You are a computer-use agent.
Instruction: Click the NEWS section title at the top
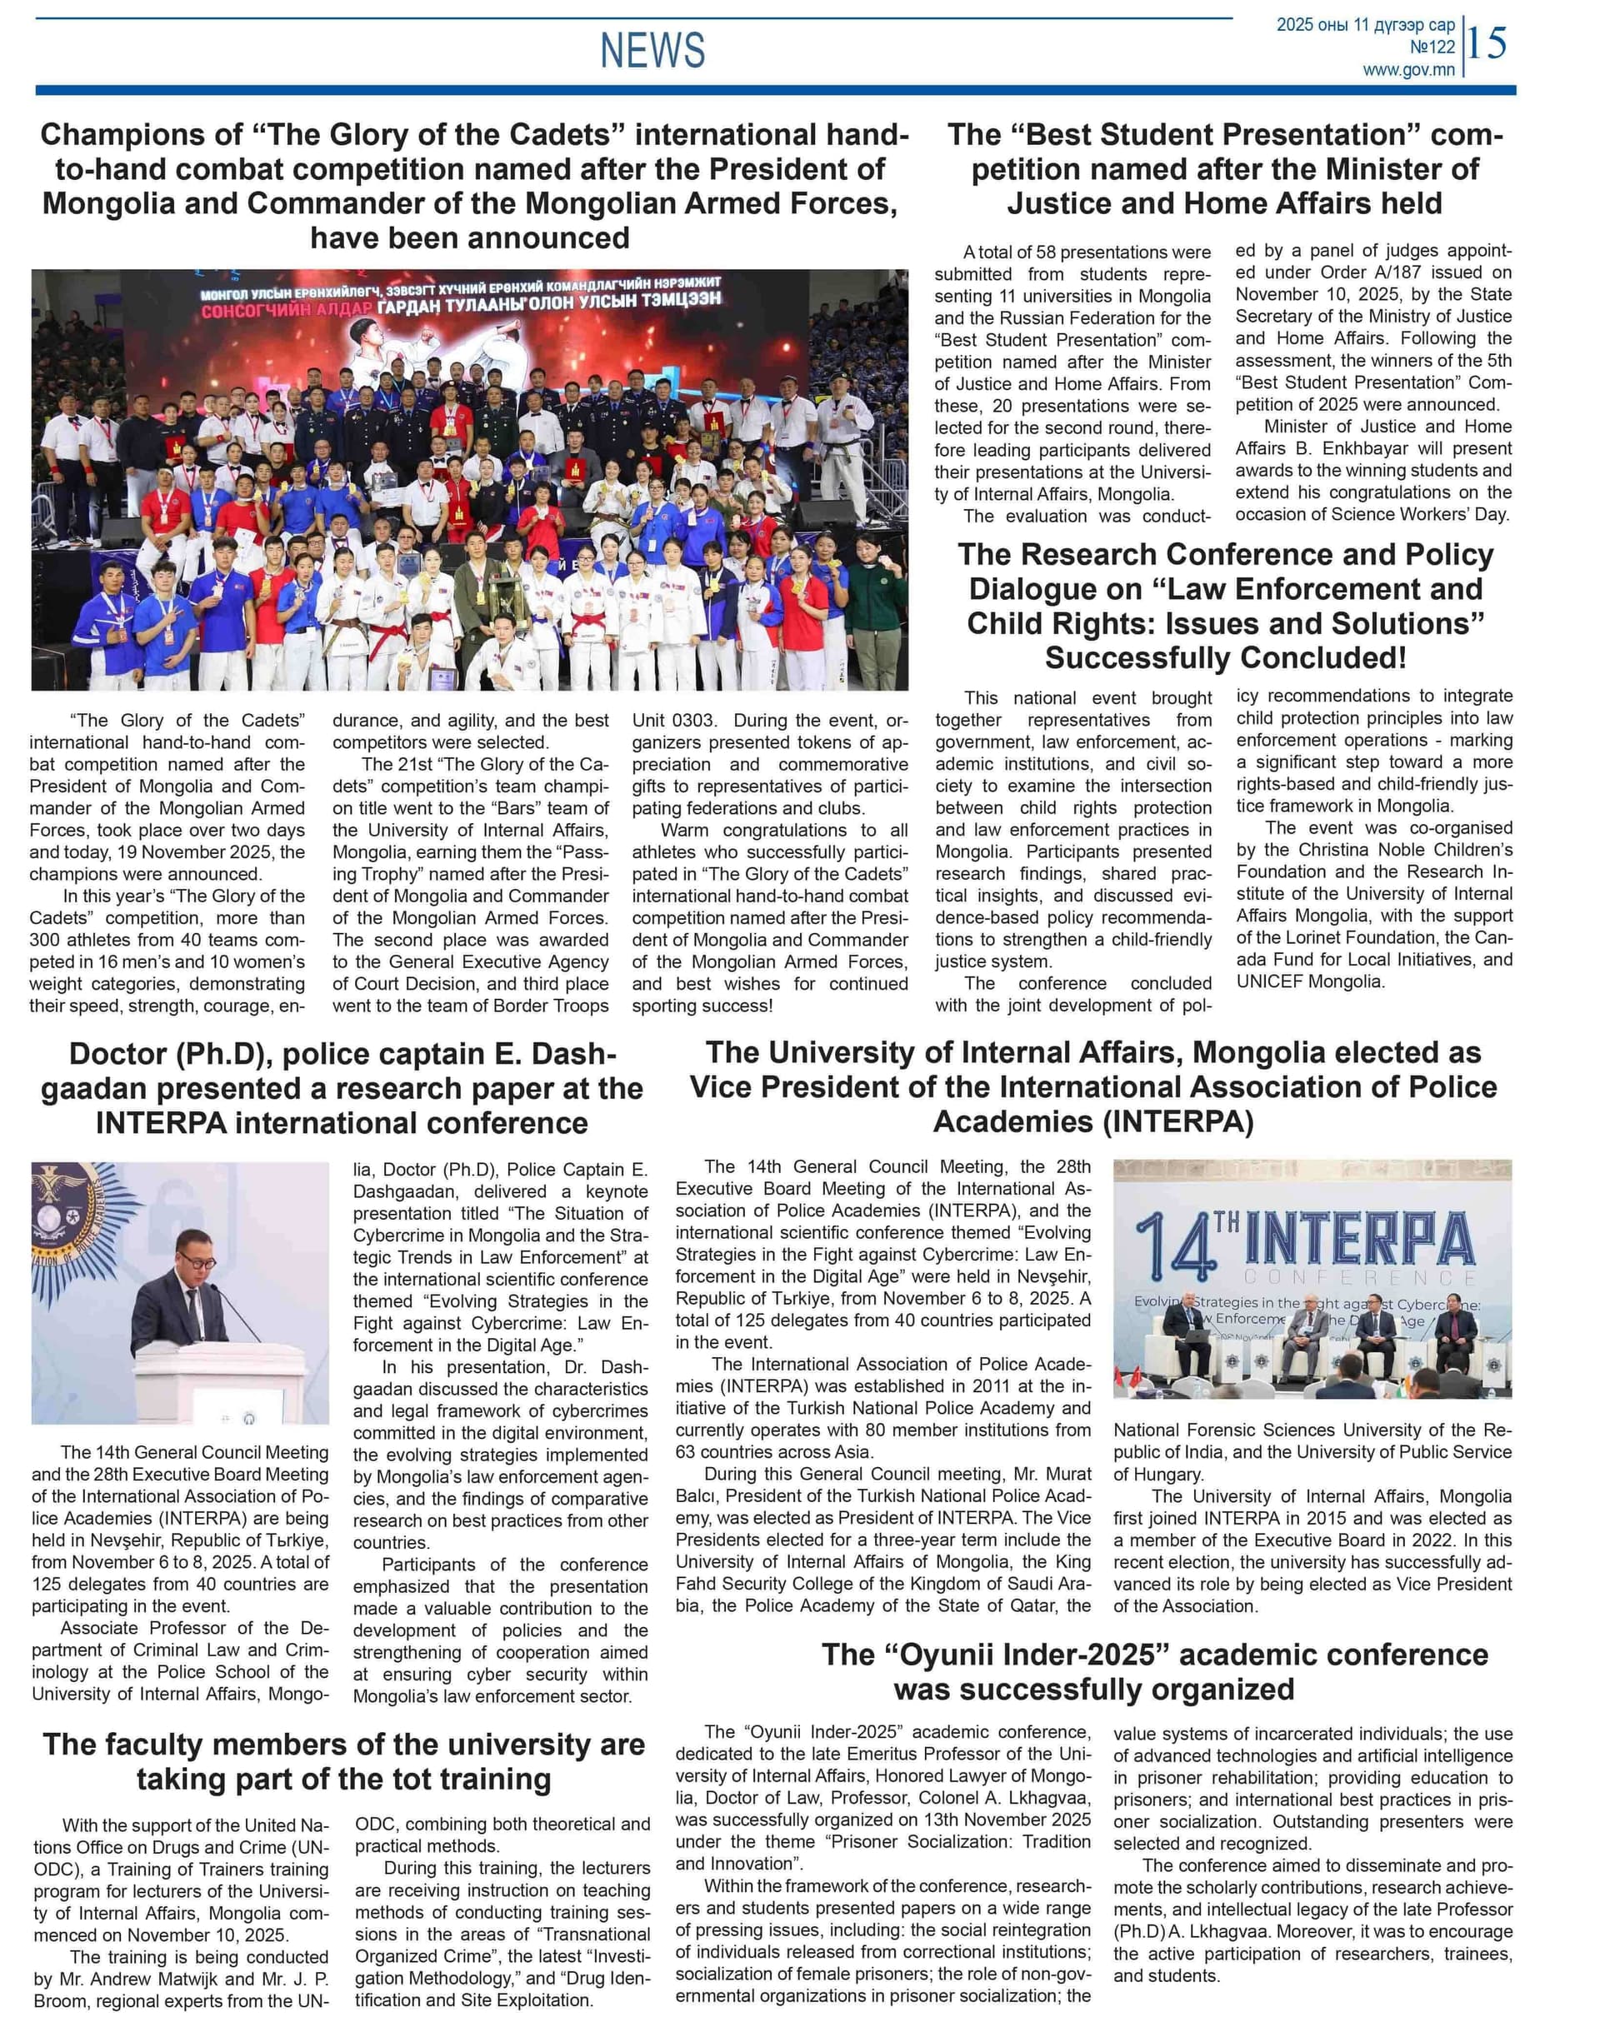coord(652,50)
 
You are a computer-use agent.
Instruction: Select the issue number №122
coord(1432,47)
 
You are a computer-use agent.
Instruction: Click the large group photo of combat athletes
coord(469,479)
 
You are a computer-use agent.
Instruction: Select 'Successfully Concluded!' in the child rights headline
coord(1225,657)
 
